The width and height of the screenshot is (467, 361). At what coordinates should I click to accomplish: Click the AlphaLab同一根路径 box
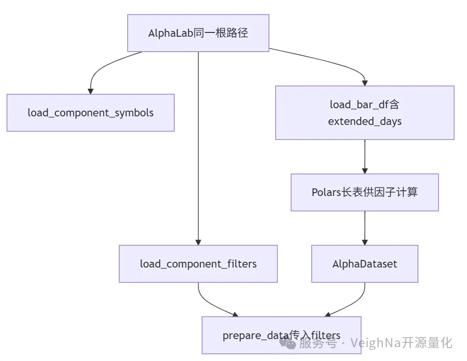pyautogui.click(x=198, y=33)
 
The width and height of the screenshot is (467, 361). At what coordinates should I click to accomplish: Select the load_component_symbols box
pyautogui.click(x=90, y=113)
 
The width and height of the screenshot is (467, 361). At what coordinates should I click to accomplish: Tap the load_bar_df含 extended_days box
pyautogui.click(x=364, y=113)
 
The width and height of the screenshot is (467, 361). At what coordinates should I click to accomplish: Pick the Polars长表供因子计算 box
pyautogui.click(x=364, y=192)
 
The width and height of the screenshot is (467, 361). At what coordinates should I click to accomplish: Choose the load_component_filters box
pyautogui.click(x=198, y=264)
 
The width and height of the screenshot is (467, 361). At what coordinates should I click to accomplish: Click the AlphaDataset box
pyautogui.click(x=364, y=264)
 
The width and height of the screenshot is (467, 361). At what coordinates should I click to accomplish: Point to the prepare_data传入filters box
pyautogui.click(x=281, y=335)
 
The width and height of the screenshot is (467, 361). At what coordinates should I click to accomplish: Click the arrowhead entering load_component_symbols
pyautogui.click(x=90, y=91)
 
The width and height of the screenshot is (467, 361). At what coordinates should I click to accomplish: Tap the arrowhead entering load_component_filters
pyautogui.click(x=198, y=242)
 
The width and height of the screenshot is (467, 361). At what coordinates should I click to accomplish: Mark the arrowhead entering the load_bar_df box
pyautogui.click(x=364, y=83)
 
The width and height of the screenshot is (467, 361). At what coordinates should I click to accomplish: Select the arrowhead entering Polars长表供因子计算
pyautogui.click(x=364, y=170)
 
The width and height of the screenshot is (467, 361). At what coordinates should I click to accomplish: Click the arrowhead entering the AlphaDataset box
pyautogui.click(x=364, y=242)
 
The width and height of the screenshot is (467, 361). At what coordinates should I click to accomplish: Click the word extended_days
pyautogui.click(x=364, y=121)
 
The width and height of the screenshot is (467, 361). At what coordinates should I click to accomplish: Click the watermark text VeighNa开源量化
pyautogui.click(x=401, y=342)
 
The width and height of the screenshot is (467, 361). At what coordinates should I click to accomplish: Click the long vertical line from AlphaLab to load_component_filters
pyautogui.click(x=198, y=143)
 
